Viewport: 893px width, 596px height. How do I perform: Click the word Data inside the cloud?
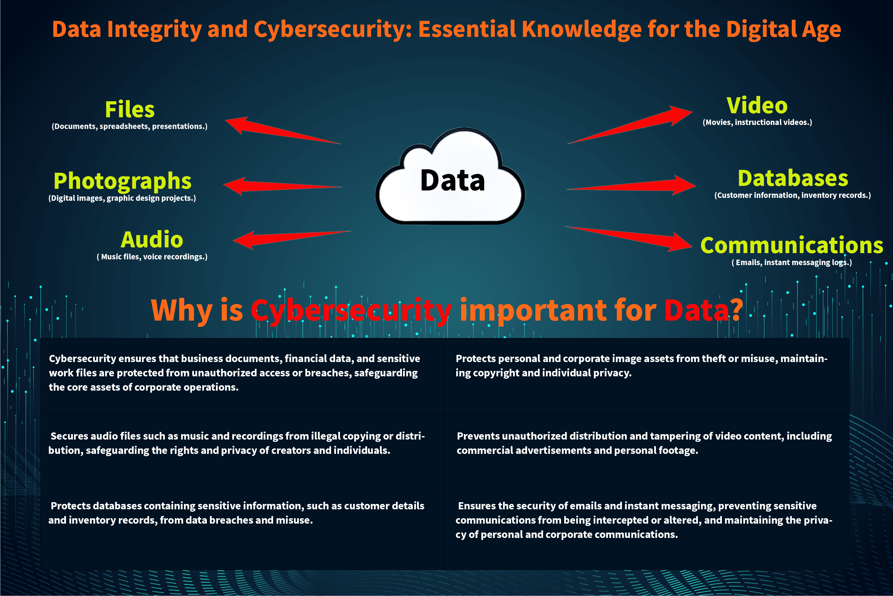452,180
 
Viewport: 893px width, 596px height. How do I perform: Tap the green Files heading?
130,110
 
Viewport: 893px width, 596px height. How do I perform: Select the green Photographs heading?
123,181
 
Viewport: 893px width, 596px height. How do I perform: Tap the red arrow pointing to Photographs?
283,186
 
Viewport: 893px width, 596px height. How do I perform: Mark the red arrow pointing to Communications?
628,239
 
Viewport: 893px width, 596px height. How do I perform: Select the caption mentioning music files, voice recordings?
152,257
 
